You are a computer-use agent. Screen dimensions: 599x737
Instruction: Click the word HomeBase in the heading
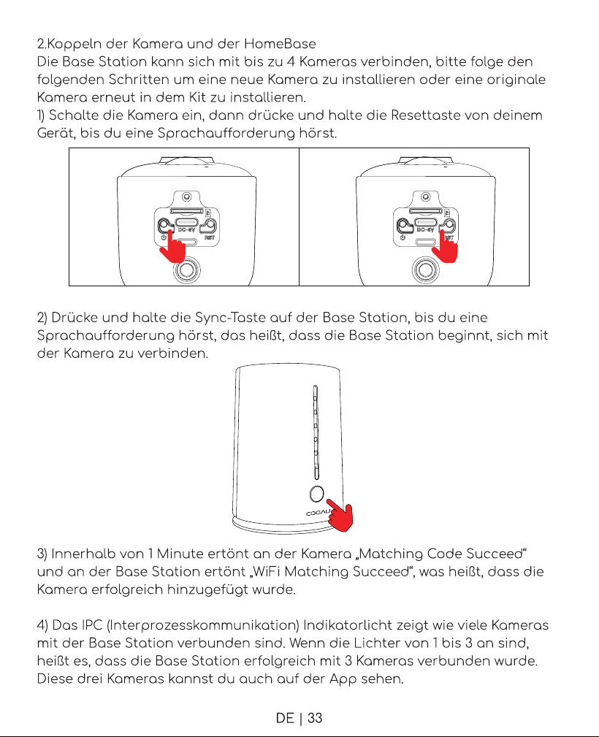tap(280, 44)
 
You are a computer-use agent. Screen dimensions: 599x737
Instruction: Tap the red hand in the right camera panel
tap(445, 245)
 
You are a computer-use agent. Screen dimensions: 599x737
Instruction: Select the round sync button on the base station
tap(317, 494)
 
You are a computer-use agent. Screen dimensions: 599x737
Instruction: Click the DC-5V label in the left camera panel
tap(186, 230)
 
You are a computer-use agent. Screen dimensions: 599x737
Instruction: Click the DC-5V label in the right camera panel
tap(425, 230)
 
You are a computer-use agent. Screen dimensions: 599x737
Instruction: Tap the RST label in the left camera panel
tap(210, 238)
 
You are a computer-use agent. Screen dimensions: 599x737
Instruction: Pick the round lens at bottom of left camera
tap(187, 270)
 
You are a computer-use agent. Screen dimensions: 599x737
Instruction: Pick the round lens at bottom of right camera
tap(425, 270)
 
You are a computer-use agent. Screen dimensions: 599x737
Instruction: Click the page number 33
tap(315, 718)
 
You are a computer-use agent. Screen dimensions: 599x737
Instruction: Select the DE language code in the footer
tap(285, 718)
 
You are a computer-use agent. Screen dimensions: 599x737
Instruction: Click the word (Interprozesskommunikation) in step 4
tap(203, 625)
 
